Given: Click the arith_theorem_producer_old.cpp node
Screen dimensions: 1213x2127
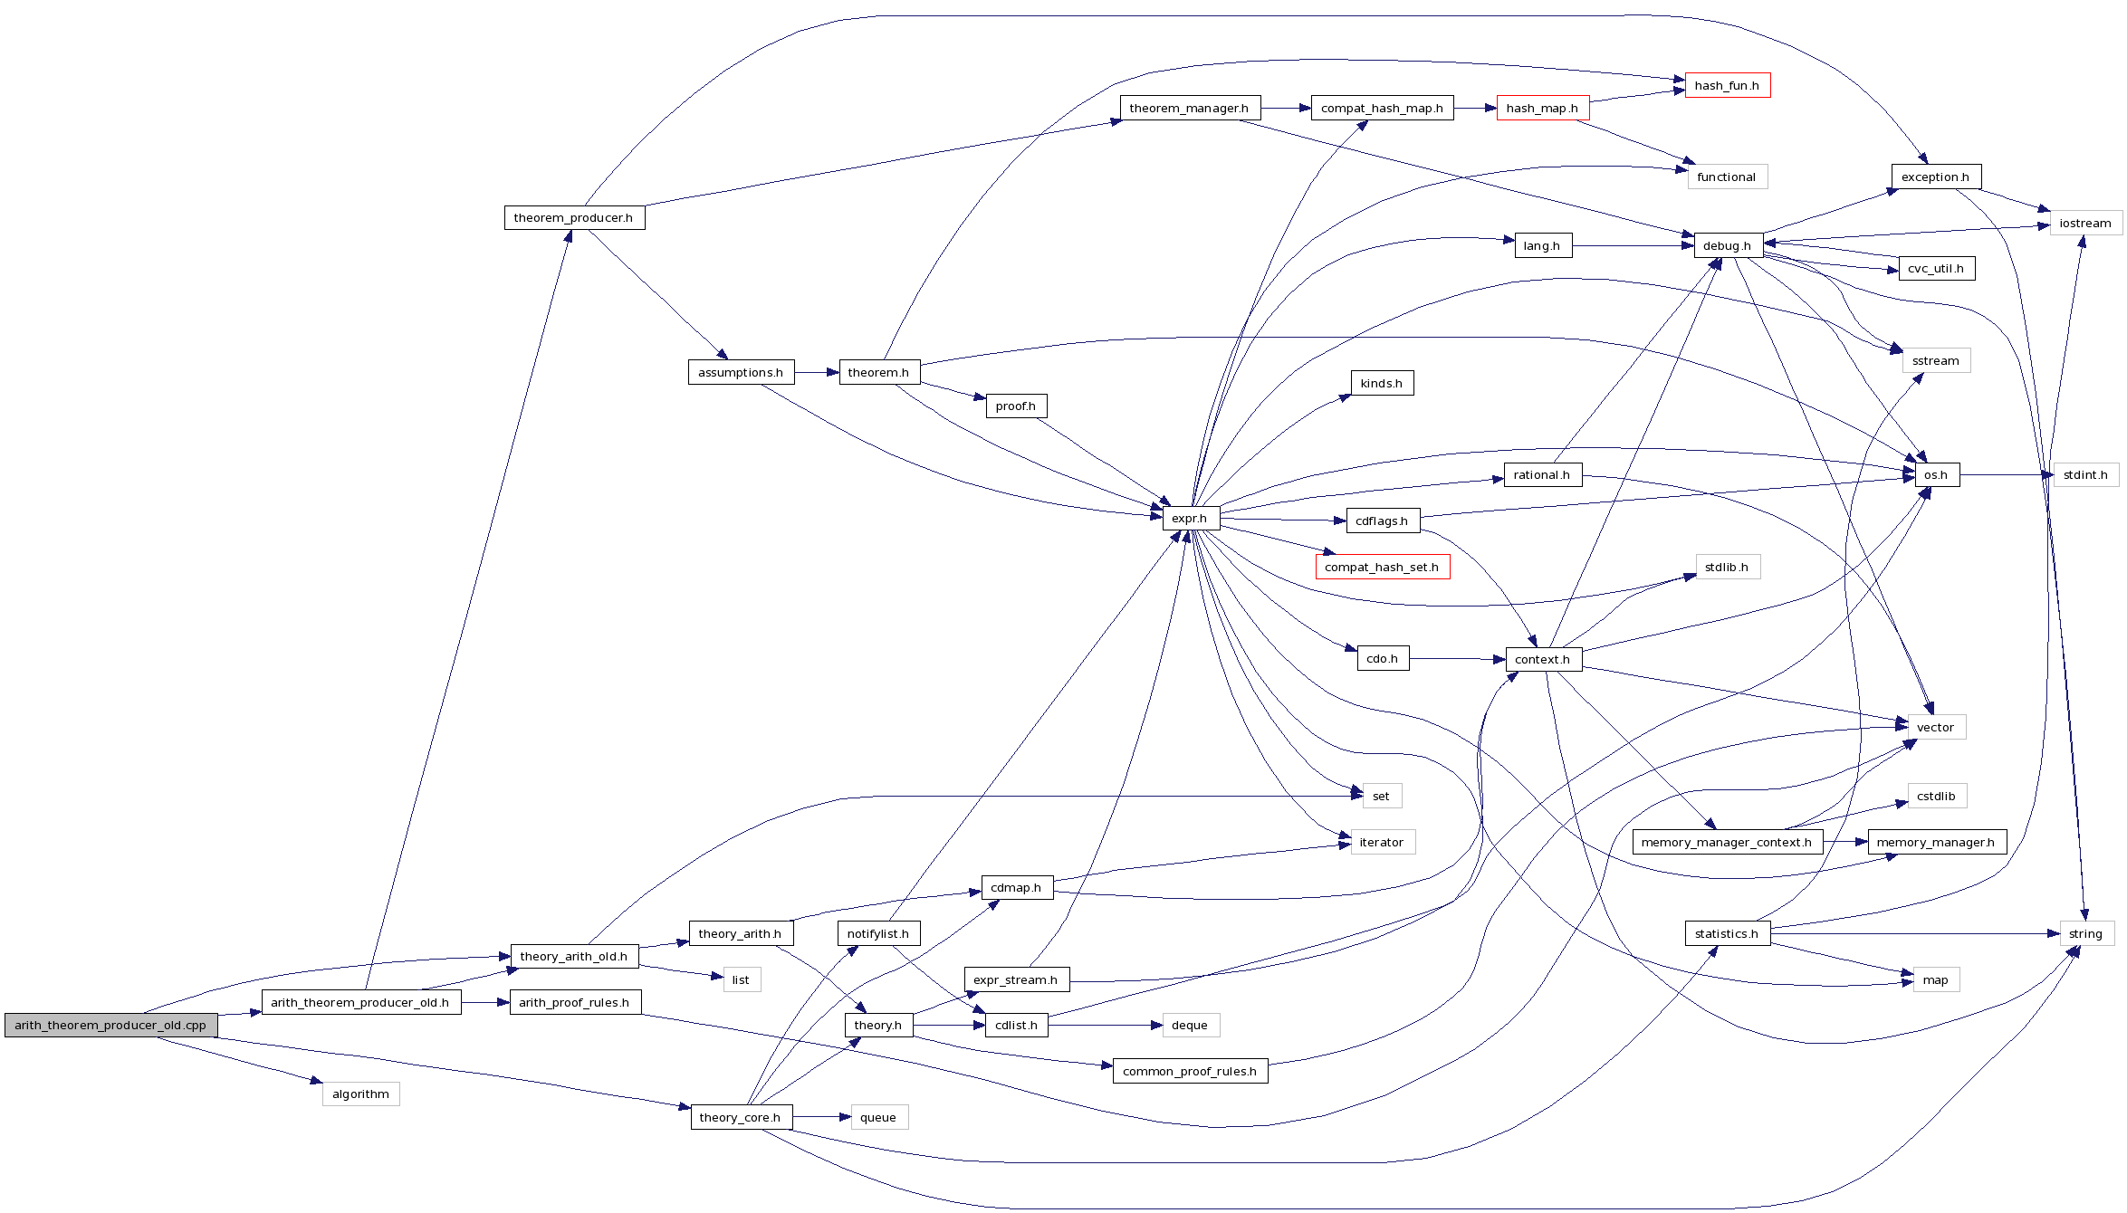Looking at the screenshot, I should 110,1025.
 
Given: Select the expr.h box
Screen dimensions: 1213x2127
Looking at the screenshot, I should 1190,519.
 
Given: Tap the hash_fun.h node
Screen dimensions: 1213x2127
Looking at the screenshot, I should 1727,85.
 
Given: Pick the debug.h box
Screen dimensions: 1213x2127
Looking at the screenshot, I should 1727,245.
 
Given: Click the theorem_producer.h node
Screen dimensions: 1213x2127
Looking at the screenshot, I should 574,217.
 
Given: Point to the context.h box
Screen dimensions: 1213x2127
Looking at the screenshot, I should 1543,659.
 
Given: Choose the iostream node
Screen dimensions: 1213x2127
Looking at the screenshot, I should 2084,223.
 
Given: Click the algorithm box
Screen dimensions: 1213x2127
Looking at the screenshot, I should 360,1094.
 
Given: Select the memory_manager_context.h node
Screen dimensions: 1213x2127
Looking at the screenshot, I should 1726,842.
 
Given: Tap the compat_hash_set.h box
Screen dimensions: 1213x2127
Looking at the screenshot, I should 1382,567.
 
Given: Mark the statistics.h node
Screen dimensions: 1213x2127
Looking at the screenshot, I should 1727,933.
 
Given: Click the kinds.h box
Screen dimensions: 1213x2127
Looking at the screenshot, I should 1381,383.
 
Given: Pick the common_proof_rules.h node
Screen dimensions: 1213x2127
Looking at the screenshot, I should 1190,1071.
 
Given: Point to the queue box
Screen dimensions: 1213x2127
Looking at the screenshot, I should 878,1117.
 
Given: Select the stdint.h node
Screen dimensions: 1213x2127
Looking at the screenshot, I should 2084,474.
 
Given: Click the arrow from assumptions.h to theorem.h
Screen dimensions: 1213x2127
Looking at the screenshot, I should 817,372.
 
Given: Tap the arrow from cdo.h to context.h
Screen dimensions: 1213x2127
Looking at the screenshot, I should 1457,659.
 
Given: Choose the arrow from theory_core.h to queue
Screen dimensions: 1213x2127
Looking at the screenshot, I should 821,1117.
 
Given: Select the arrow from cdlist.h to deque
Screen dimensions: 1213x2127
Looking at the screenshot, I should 1105,1025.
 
